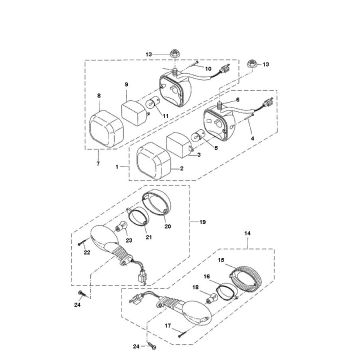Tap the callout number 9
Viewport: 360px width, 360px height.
pyautogui.click(x=127, y=85)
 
